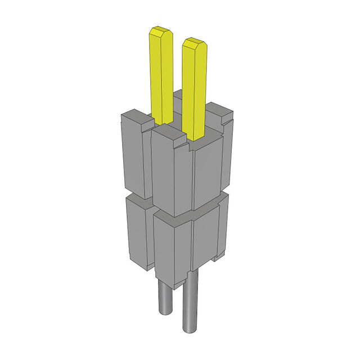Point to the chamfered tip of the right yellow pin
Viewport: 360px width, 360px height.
click(195, 43)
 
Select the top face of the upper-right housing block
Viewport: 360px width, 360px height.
click(219, 112)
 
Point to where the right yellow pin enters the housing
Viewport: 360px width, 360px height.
click(195, 138)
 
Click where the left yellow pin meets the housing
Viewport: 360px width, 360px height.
click(163, 122)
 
